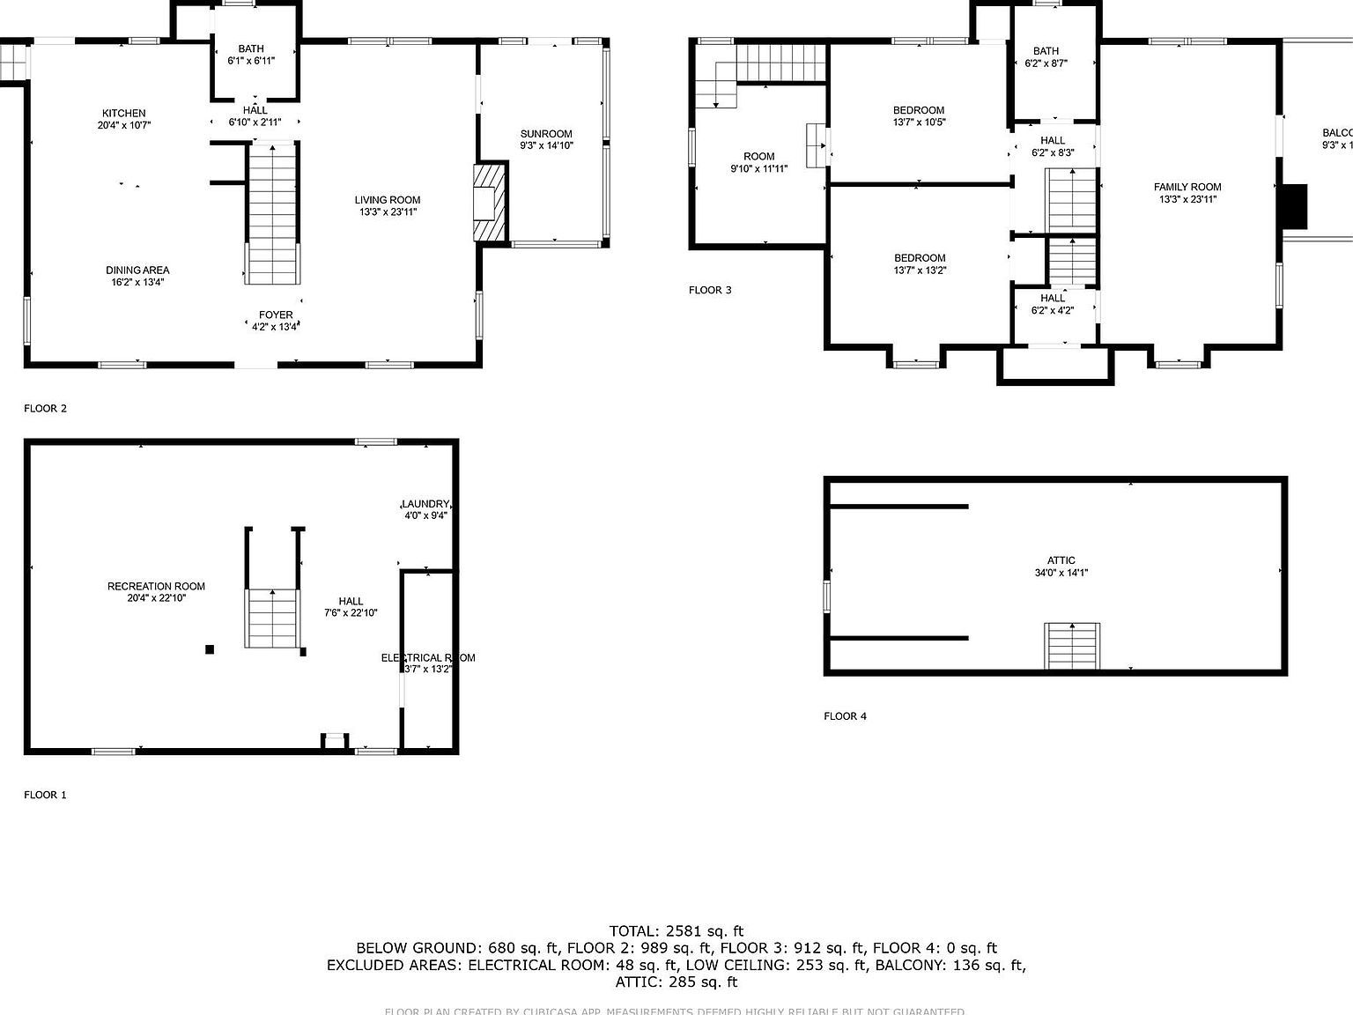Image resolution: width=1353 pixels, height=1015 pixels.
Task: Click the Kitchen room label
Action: (123, 113)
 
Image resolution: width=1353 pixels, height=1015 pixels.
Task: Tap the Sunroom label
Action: (546, 134)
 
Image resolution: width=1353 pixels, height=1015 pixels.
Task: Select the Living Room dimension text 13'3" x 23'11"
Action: (388, 212)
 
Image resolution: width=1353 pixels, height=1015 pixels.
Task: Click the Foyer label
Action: (276, 315)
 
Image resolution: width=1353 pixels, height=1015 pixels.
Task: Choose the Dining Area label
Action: (137, 270)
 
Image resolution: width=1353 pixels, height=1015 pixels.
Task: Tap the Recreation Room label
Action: (156, 586)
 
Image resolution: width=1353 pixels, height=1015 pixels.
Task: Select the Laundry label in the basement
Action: (426, 504)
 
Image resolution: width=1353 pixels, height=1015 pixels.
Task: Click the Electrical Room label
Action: (428, 657)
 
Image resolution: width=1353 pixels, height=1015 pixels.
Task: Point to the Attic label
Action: (1061, 560)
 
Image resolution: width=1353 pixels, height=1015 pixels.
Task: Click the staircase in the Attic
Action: (1072, 646)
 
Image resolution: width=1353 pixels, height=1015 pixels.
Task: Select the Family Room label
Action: (1187, 187)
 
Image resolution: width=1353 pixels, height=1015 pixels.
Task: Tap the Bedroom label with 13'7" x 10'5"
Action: (919, 110)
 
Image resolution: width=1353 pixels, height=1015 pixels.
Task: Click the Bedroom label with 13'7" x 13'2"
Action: (919, 258)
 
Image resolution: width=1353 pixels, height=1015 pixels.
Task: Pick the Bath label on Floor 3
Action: (1046, 51)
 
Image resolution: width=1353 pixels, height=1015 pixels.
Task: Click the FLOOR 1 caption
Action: (45, 795)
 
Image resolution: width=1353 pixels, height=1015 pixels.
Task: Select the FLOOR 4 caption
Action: (845, 716)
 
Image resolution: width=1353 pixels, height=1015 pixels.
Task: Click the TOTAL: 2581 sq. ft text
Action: (676, 930)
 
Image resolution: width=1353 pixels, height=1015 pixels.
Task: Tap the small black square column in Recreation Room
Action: (210, 649)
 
